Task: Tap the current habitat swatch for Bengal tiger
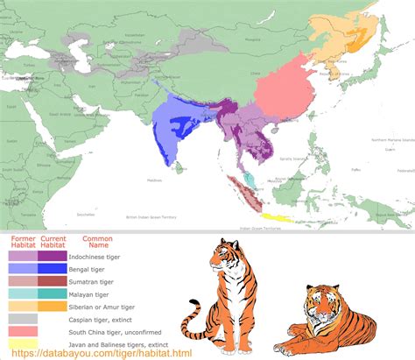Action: (52, 269)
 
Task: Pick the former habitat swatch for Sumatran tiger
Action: (22, 282)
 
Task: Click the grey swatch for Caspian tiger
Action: (22, 319)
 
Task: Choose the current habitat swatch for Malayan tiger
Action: (52, 294)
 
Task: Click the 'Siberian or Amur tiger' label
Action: (115, 307)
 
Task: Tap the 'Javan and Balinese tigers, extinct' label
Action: (130, 344)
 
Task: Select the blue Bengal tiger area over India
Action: (179, 123)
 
